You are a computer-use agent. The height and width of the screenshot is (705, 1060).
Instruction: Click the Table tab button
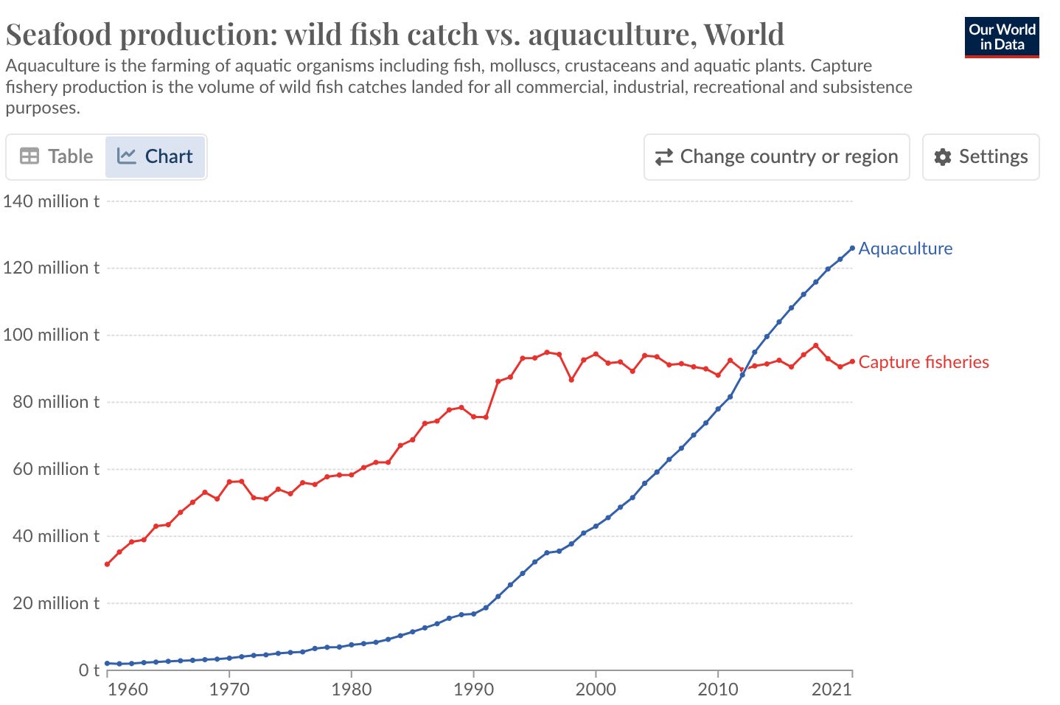57,156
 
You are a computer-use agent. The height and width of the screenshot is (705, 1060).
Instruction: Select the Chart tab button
155,156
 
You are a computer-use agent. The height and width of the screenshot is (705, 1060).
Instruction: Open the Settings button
980,156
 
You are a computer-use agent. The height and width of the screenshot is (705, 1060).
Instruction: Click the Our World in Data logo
1001,38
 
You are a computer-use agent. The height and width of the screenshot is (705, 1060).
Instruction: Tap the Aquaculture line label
905,249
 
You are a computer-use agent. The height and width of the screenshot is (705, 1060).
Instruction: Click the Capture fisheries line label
923,362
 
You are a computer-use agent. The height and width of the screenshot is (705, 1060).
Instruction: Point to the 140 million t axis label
51,201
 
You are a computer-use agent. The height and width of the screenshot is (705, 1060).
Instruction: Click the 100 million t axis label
51,335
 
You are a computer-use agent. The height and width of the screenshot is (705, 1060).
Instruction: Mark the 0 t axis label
89,670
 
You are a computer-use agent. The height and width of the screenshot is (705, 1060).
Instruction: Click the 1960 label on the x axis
128,690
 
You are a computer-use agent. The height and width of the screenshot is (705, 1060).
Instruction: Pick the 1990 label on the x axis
473,690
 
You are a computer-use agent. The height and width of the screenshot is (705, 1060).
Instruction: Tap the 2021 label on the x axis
831,690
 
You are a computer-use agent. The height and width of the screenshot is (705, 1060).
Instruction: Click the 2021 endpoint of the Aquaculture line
852,248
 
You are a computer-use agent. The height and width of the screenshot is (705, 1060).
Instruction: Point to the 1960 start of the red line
108,564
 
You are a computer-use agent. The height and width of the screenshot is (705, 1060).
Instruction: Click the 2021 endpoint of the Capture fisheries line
852,361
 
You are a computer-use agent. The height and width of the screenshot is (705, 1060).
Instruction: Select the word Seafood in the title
58,35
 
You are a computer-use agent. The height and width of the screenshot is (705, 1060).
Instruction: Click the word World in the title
743,35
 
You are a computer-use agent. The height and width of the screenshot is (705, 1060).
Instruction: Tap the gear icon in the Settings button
942,157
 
